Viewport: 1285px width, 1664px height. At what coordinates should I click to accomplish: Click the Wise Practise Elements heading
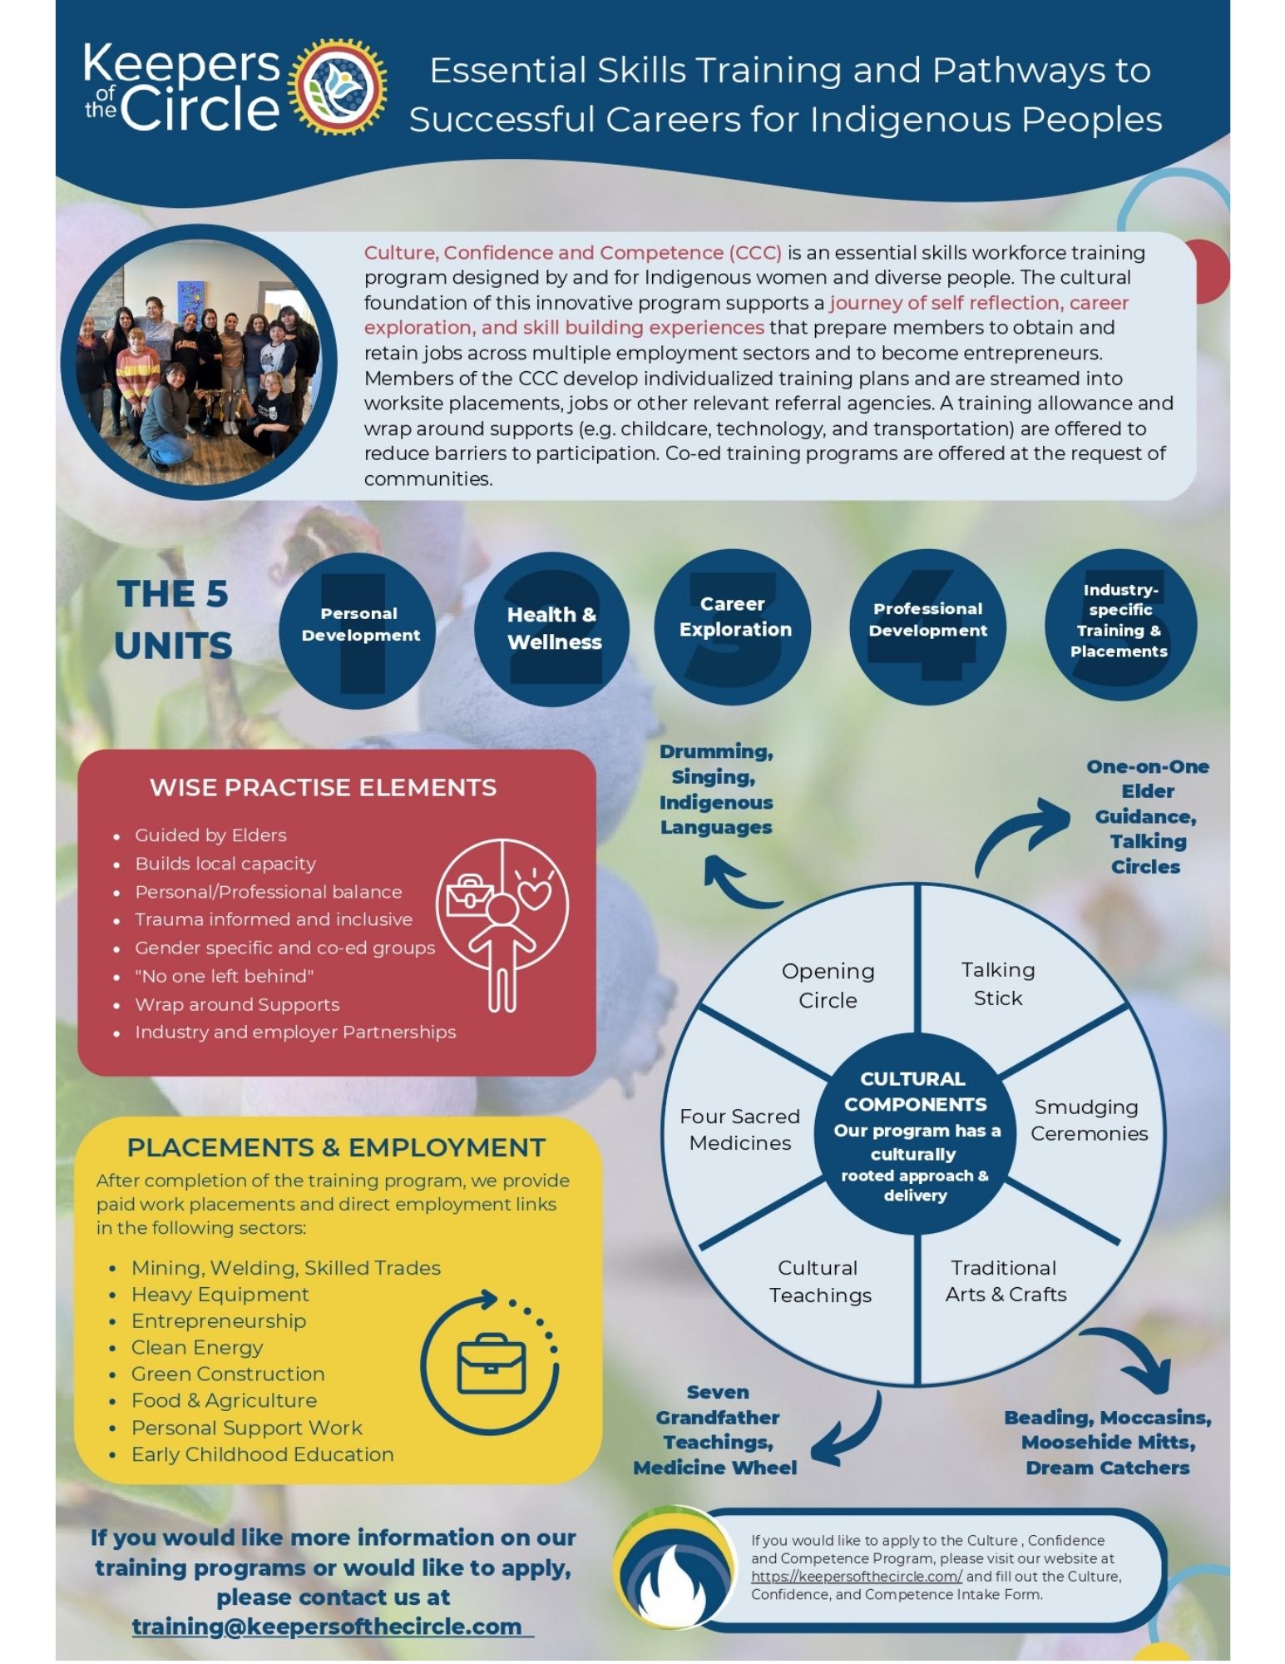[323, 788]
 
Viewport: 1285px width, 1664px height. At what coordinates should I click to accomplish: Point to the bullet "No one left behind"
[224, 976]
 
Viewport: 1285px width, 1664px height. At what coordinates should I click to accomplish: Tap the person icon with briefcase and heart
[502, 924]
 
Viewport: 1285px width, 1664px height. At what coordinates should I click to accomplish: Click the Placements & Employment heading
[336, 1147]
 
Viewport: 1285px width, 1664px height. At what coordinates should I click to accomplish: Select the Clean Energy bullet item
[197, 1347]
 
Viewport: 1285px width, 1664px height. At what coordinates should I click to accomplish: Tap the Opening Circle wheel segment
[828, 985]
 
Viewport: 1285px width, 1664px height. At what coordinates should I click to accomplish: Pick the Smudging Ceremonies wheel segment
[1088, 1120]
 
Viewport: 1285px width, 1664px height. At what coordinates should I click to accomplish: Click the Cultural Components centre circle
[915, 1135]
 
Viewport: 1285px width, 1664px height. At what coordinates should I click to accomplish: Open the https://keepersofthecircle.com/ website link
[856, 1576]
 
